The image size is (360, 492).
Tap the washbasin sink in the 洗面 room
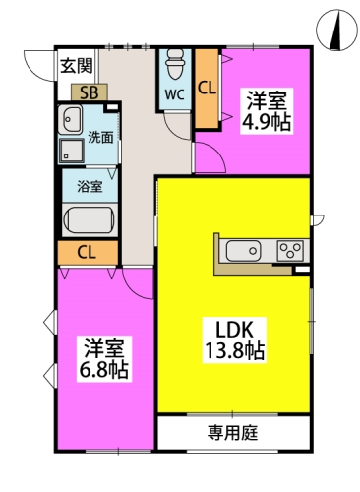(x=73, y=122)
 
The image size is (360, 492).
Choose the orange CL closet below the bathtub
(x=86, y=253)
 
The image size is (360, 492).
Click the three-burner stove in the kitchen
(x=289, y=251)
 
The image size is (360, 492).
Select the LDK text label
(x=232, y=328)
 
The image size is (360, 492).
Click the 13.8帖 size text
(x=232, y=350)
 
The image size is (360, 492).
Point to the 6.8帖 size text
(x=105, y=371)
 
